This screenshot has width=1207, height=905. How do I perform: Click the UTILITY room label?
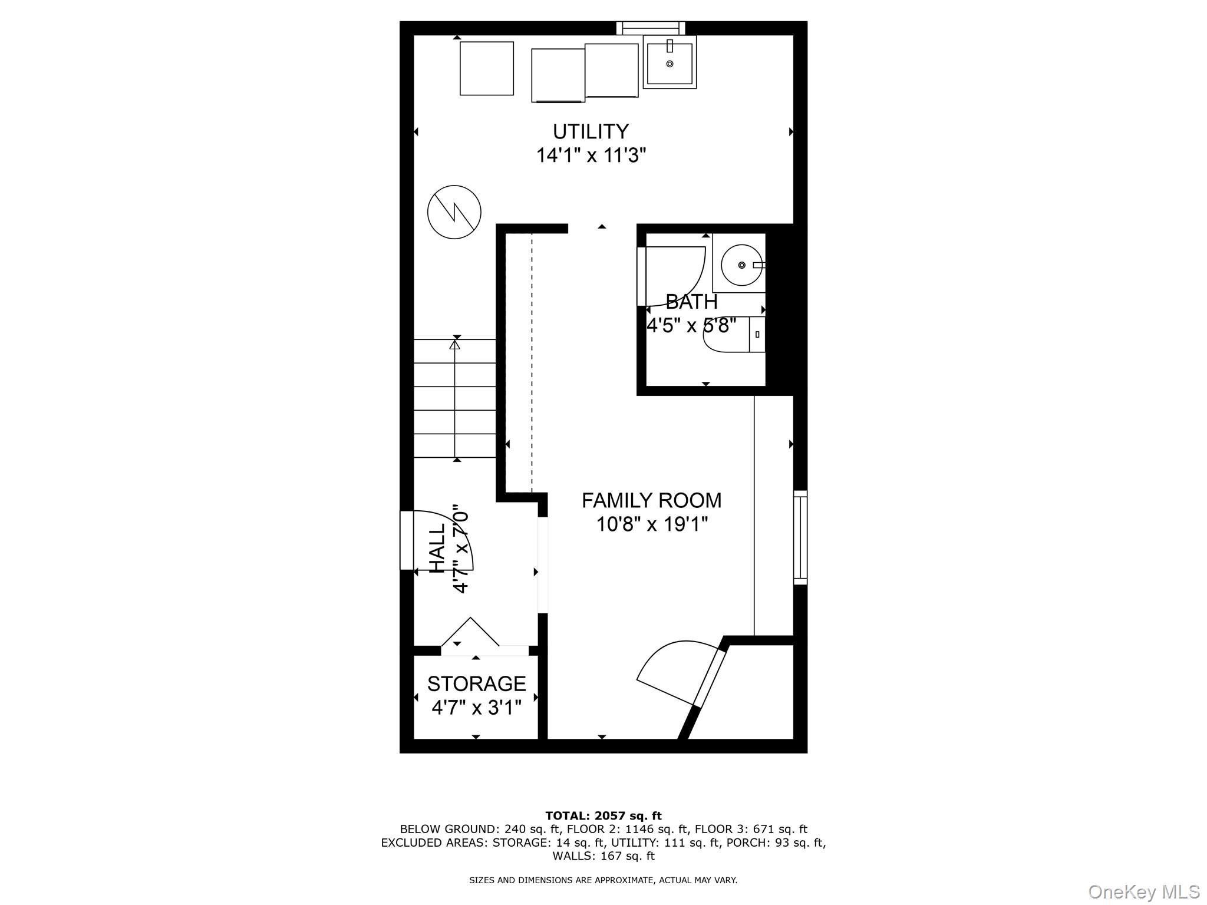tap(591, 131)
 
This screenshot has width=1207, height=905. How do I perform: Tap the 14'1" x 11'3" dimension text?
tap(591, 156)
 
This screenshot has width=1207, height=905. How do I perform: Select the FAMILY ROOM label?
tap(651, 500)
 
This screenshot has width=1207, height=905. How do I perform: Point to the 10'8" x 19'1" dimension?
tap(651, 524)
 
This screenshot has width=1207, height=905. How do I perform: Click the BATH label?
tap(691, 302)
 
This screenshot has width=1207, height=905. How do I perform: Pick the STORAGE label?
tap(476, 683)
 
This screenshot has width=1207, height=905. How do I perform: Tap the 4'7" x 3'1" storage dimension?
tap(476, 707)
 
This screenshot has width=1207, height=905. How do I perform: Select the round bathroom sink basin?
tap(741, 265)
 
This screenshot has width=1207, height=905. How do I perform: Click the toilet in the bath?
tap(731, 335)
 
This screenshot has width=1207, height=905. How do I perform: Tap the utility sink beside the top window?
tap(670, 62)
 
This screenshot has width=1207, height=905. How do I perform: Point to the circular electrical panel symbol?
tap(454, 212)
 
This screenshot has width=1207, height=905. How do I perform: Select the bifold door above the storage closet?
tap(471, 633)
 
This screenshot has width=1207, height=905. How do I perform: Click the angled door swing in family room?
tap(678, 672)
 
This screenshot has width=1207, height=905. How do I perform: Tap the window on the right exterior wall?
tap(800, 537)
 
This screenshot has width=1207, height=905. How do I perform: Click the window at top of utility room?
tap(651, 27)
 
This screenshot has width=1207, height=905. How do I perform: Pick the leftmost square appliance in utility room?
tap(487, 68)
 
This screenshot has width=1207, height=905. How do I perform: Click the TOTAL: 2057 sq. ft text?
tap(603, 815)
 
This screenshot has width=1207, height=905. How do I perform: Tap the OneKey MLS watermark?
tap(1143, 891)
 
